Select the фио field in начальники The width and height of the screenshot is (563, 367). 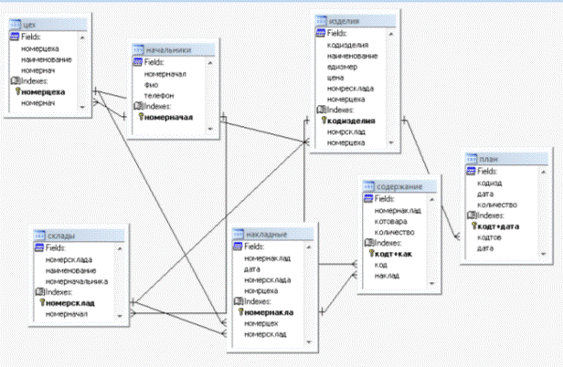pyautogui.click(x=152, y=83)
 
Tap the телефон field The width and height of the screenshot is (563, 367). pyautogui.click(x=158, y=94)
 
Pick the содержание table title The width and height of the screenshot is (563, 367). pyautogui.click(x=398, y=186)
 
